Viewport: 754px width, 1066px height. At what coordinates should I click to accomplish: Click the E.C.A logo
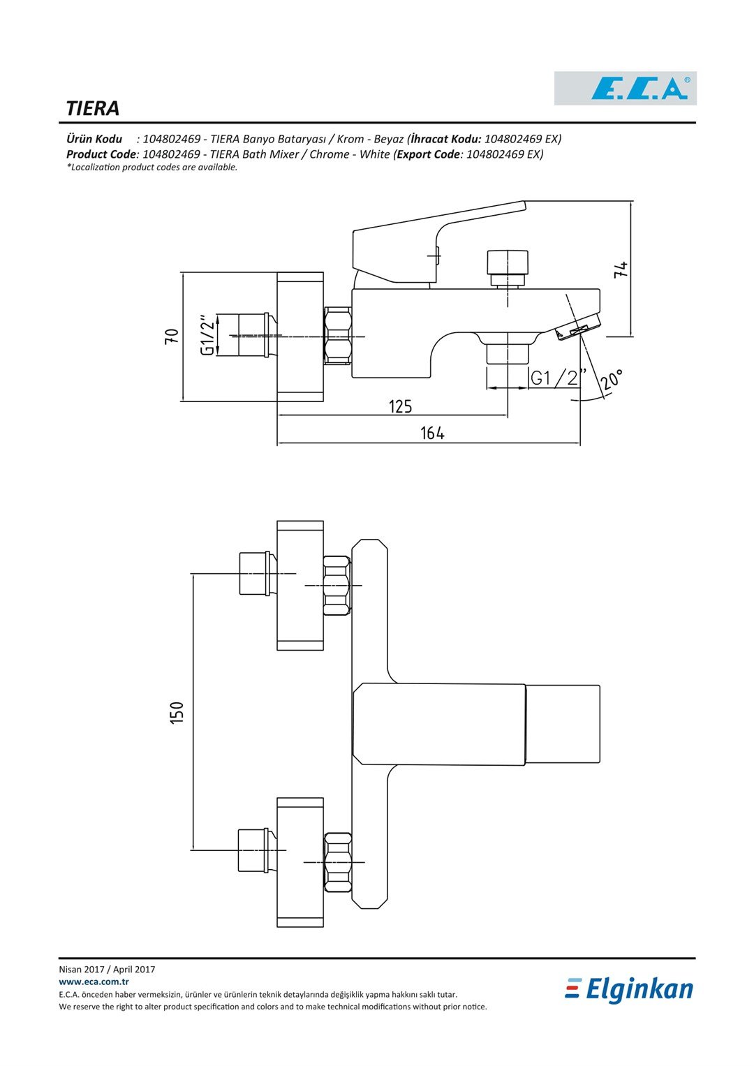click(625, 89)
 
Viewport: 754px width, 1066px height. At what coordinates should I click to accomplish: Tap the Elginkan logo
click(629, 989)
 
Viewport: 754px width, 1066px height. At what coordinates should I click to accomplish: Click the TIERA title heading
click(93, 109)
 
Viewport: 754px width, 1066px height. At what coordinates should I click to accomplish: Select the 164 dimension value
click(432, 434)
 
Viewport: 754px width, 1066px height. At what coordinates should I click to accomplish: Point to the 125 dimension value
click(400, 406)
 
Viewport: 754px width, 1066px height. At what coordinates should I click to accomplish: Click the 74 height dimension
click(621, 269)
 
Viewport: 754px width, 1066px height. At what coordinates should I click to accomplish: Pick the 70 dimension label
click(172, 336)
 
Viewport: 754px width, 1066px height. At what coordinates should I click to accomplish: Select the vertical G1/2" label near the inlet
click(207, 335)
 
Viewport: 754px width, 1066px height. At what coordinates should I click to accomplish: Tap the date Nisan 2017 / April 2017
click(107, 969)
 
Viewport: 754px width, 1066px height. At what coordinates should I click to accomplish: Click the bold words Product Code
click(101, 154)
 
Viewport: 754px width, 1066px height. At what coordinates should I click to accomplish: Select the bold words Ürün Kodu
click(94, 139)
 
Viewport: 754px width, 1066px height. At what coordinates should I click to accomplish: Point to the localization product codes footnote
click(152, 168)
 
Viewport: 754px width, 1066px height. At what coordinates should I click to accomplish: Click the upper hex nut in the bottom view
click(337, 585)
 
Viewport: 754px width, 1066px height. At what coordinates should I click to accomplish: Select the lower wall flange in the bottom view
click(300, 862)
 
